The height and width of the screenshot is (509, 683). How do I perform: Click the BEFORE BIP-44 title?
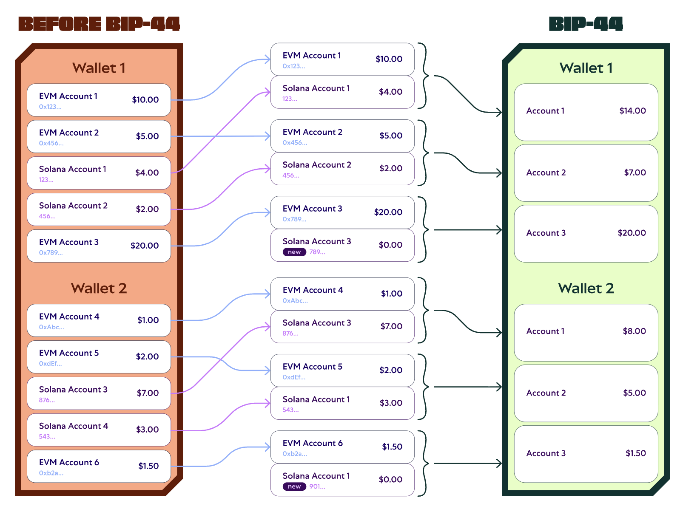99,24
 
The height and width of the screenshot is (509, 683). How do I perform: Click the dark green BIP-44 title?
586,24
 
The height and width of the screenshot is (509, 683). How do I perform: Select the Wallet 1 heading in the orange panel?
99,68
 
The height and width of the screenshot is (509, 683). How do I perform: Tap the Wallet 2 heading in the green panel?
586,288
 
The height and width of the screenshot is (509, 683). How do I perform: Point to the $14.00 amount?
632,111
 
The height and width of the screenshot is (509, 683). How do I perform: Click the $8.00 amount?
634,331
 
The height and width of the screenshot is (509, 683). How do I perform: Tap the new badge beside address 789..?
294,252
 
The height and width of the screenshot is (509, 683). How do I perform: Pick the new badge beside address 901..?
294,486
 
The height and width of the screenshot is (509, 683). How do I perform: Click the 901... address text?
317,486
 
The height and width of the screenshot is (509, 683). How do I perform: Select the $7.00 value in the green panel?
635,172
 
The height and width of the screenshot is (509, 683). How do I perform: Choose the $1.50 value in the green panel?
635,453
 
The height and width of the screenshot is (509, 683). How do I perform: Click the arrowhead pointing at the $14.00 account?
499,113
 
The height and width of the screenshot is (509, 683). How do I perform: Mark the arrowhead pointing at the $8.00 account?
499,333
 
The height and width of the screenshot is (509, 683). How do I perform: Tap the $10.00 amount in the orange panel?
145,100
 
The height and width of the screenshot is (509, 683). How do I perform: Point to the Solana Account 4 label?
74,426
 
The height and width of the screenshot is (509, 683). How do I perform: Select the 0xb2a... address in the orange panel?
51,473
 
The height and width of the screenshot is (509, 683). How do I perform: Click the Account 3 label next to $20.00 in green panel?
546,233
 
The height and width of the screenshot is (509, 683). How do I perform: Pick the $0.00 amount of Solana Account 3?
390,245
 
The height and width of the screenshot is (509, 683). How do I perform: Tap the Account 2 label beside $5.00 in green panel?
546,393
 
